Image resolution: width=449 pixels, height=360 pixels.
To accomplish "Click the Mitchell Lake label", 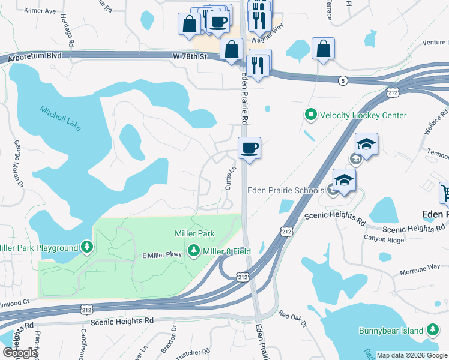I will (60, 118).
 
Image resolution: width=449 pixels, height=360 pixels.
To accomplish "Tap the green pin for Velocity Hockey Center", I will (311, 115).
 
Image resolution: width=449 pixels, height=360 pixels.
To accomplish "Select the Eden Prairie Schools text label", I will (286, 190).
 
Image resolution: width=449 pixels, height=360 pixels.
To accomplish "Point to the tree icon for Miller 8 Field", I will (194, 250).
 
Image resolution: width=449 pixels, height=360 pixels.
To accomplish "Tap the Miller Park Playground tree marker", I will (88, 247).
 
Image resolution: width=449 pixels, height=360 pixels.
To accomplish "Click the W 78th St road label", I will (190, 56).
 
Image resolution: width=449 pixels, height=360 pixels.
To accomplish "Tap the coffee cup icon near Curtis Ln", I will (249, 147).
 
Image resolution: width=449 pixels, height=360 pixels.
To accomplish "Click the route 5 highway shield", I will (342, 80).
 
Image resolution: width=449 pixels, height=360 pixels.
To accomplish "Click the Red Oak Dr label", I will (293, 319).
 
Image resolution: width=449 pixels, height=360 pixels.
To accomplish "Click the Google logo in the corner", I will (19, 353).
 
